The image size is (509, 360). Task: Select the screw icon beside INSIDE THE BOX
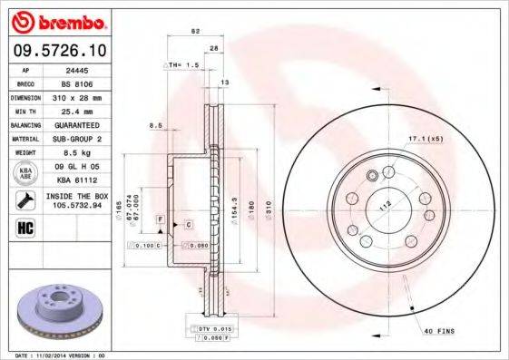24,199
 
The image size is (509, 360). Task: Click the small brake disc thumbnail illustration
60,308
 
